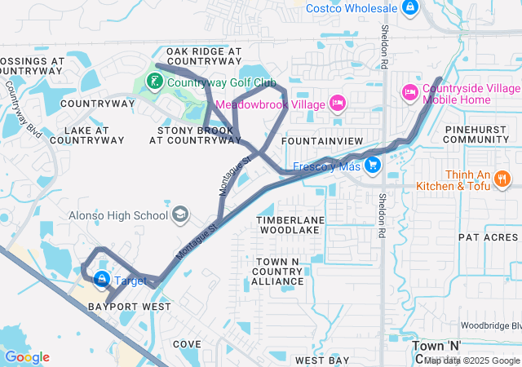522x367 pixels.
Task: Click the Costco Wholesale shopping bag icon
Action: [x=410, y=9]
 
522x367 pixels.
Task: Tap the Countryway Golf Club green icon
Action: [x=153, y=82]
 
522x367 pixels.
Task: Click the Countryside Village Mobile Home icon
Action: [x=410, y=94]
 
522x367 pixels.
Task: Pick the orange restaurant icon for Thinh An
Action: [x=502, y=179]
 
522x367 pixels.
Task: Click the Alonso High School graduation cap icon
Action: [x=179, y=215]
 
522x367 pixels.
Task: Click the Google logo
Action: [x=27, y=356]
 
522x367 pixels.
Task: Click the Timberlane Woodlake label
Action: [x=290, y=226]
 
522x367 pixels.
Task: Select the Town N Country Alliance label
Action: [x=277, y=271]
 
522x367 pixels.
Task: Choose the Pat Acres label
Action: [x=488, y=237]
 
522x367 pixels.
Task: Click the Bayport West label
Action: [x=130, y=307]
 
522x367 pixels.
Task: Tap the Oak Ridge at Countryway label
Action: [x=204, y=56]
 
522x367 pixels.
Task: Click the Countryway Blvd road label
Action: [x=23, y=107]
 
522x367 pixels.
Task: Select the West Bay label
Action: [x=322, y=360]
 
